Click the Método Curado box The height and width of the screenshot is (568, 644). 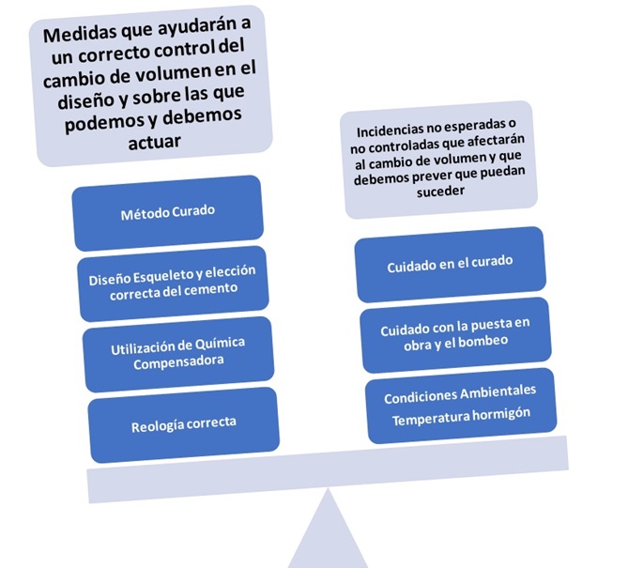(167, 211)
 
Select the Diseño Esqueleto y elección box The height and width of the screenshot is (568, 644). (172, 279)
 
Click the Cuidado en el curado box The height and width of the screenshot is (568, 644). (450, 265)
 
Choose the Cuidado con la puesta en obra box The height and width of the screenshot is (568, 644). (454, 332)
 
